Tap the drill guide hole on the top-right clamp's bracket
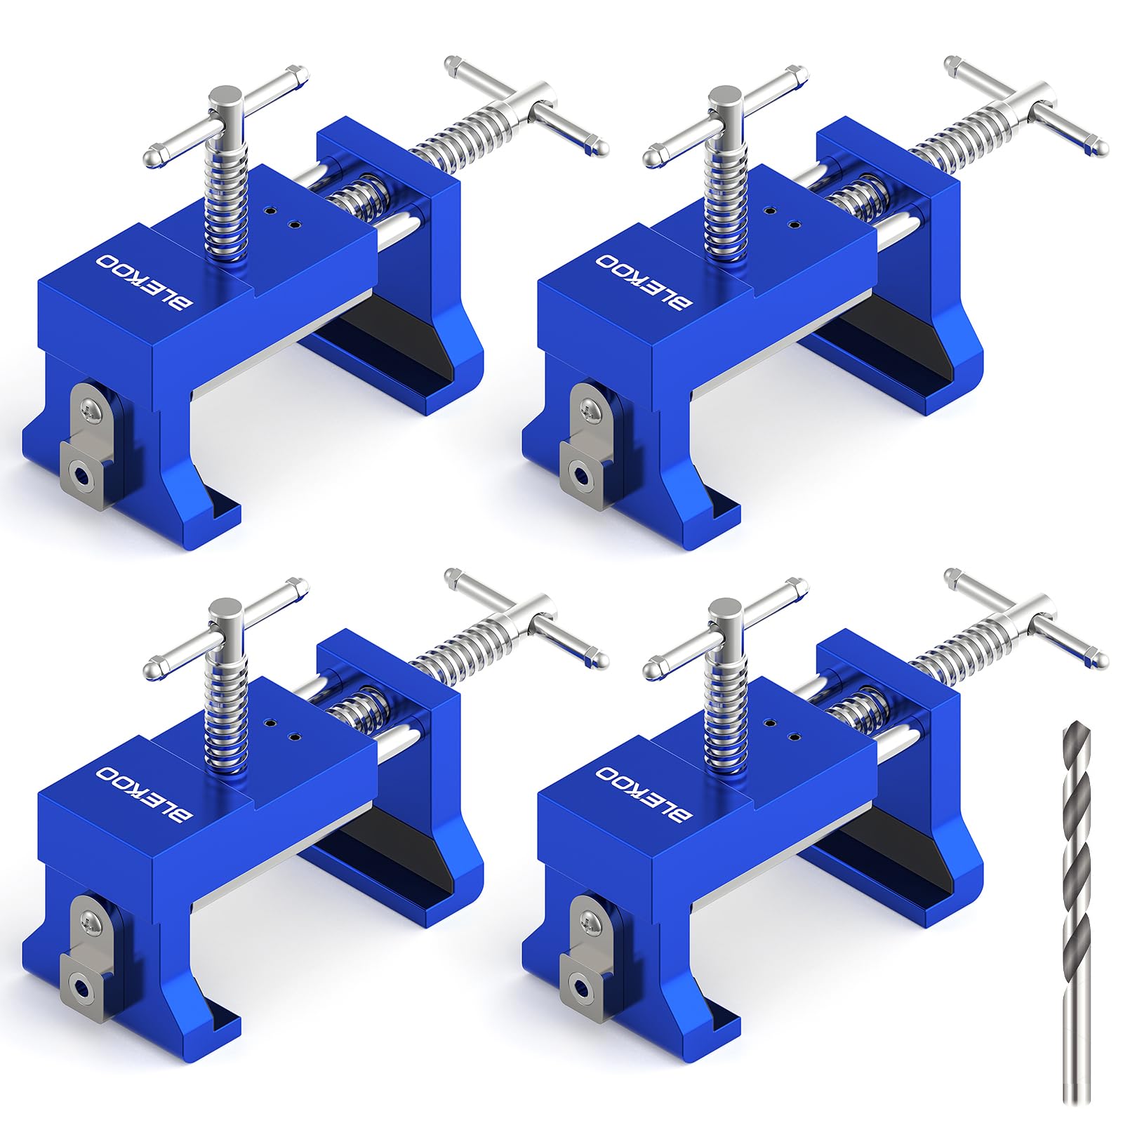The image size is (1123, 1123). (583, 476)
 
